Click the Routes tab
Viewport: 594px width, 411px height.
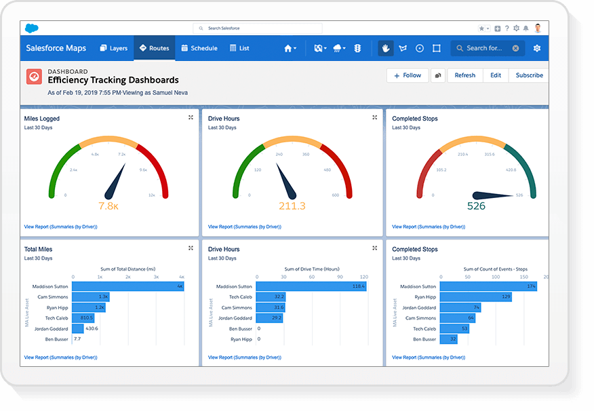154,48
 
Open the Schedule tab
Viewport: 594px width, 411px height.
199,48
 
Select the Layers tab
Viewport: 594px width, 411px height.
113,48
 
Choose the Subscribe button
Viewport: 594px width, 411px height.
529,75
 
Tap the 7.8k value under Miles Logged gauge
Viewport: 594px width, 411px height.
108,206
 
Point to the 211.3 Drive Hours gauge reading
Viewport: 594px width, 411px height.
292,206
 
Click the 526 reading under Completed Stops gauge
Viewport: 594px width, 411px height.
477,206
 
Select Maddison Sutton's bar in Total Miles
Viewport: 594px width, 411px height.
127,286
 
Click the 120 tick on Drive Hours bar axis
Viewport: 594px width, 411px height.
363,277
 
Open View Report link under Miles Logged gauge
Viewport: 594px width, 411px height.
60,227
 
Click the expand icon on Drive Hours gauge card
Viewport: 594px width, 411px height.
374,117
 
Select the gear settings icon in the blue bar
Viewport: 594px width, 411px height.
537,48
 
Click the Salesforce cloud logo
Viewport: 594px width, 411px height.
33,28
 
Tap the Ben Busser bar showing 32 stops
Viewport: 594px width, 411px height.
449,338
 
